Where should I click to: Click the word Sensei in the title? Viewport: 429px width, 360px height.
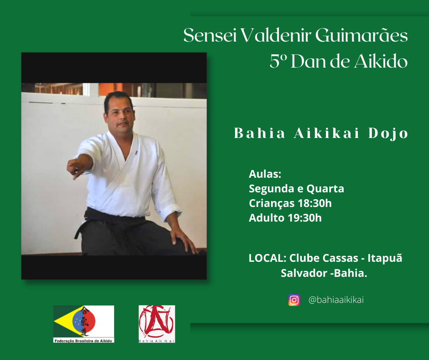pyautogui.click(x=210, y=36)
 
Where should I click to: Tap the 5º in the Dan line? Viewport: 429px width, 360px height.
pyautogui.click(x=278, y=61)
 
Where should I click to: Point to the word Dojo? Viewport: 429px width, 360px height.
pyautogui.click(x=388, y=133)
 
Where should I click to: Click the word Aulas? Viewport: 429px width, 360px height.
pyautogui.click(x=265, y=174)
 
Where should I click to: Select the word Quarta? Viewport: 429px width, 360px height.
pyautogui.click(x=325, y=189)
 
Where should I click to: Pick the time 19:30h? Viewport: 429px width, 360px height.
pyautogui.click(x=304, y=218)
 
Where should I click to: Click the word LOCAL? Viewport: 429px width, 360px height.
pyautogui.click(x=267, y=258)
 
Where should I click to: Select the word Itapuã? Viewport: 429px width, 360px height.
pyautogui.click(x=385, y=258)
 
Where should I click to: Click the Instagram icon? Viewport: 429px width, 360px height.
pyautogui.click(x=294, y=300)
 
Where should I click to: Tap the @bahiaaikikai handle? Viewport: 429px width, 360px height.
pyautogui.click(x=336, y=300)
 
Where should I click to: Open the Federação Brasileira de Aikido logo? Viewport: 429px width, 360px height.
pyautogui.click(x=84, y=324)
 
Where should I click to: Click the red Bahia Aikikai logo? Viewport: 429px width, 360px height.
pyautogui.click(x=157, y=324)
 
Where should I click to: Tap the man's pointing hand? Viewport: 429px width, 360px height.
pyautogui.click(x=77, y=167)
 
